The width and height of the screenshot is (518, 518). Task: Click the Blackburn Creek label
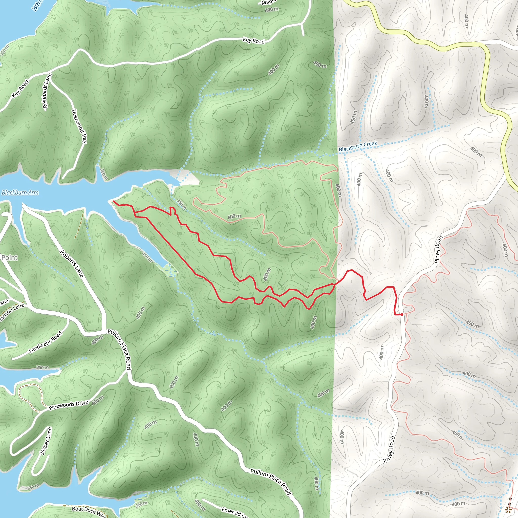[x=358, y=146]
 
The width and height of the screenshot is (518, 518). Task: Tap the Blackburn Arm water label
[x=20, y=192]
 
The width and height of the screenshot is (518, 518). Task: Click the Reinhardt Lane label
[x=47, y=91]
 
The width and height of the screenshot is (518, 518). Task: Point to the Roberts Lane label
[x=72, y=264]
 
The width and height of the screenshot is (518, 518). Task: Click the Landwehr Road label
[x=45, y=342]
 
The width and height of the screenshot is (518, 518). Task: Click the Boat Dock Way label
[x=89, y=511]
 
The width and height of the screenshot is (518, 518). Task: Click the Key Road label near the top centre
[x=254, y=40]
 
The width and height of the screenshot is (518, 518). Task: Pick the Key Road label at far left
[x=20, y=89]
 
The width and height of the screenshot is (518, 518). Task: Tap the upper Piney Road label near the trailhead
[x=438, y=249]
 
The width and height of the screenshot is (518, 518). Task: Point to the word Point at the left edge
[x=9, y=257]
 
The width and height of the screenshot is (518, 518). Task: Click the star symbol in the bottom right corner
[x=508, y=509]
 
